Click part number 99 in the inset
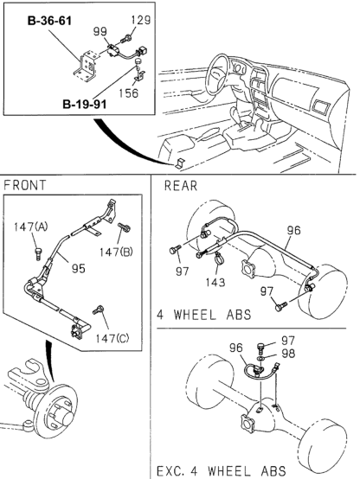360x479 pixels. (x=100, y=30)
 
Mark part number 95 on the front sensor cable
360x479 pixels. (x=77, y=267)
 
